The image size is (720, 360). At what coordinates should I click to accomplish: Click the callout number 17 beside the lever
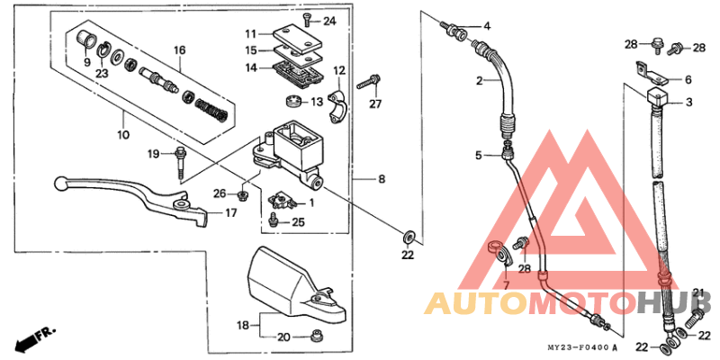[x=231, y=213]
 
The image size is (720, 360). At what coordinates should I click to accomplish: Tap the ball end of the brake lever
[x=59, y=183]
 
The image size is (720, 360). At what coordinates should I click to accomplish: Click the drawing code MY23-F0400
[x=580, y=347]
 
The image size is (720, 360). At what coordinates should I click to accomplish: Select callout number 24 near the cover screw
[x=329, y=20]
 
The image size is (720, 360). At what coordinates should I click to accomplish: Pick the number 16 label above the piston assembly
[x=178, y=49]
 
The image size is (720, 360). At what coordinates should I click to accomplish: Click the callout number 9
[x=86, y=62]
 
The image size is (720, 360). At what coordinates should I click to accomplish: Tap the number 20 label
[x=283, y=337]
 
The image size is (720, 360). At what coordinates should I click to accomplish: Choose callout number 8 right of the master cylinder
[x=381, y=180]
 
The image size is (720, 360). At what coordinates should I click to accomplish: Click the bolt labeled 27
[x=365, y=85]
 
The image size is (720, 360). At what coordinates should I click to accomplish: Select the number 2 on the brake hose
[x=479, y=81]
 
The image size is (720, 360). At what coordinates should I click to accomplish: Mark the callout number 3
[x=688, y=103]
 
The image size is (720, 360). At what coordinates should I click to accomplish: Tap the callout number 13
[x=316, y=102]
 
